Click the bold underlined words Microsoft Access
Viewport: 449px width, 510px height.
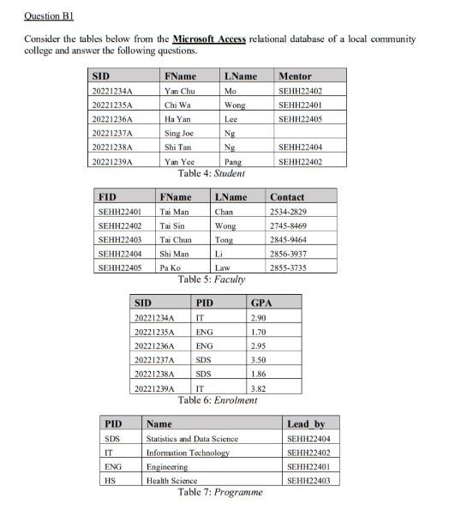(x=208, y=39)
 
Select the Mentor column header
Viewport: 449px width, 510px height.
(x=296, y=76)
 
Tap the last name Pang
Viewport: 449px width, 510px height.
(x=231, y=161)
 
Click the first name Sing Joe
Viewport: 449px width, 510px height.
(x=179, y=133)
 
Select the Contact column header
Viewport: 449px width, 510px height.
(x=286, y=197)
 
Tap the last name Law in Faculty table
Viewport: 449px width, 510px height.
(x=222, y=267)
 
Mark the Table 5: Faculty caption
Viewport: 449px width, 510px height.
(x=211, y=279)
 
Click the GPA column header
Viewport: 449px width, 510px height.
(x=260, y=303)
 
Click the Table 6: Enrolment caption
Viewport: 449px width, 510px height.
(x=217, y=400)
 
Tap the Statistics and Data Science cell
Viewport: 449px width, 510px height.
(x=192, y=438)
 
